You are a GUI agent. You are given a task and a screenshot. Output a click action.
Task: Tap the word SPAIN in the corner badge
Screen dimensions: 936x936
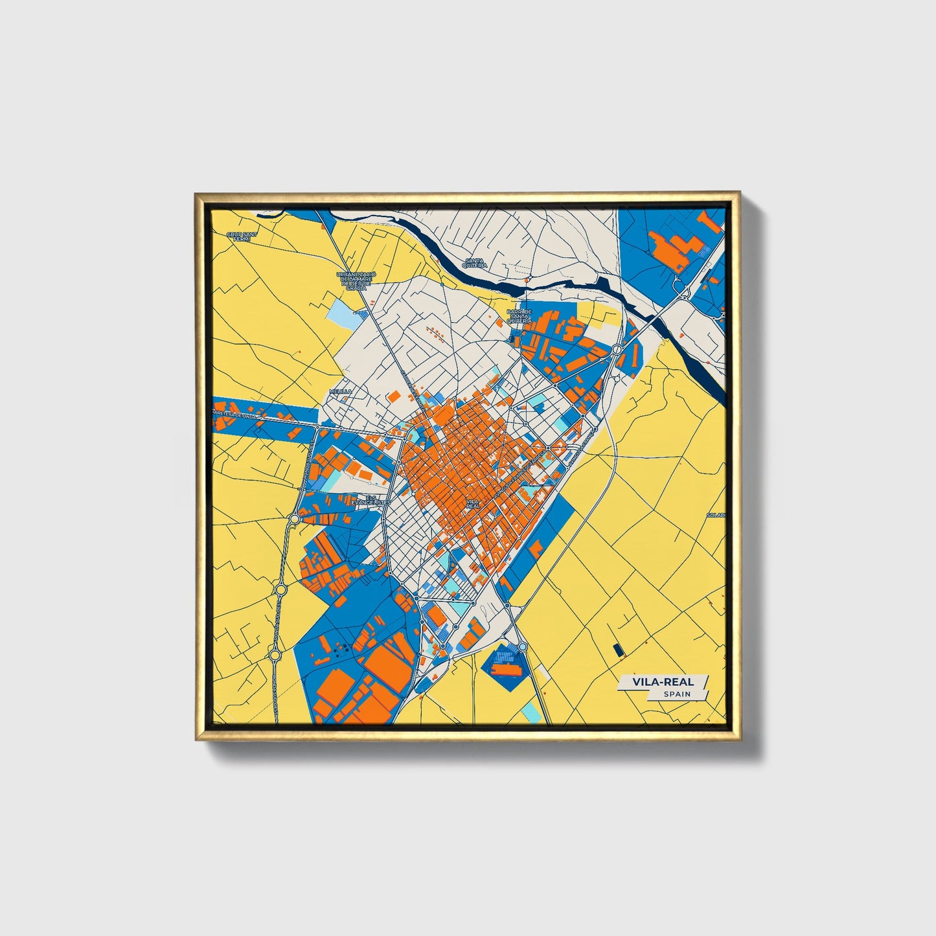677,694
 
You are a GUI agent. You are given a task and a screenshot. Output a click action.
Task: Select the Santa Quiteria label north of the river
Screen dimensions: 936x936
475,263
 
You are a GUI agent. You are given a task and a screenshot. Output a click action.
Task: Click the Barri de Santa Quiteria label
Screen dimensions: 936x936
519,315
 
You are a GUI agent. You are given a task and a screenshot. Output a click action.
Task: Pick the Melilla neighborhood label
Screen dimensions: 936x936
340,391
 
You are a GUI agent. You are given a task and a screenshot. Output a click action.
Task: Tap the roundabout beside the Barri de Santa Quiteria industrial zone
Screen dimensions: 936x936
616,350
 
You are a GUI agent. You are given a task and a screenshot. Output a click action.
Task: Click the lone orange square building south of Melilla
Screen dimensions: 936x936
393,396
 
